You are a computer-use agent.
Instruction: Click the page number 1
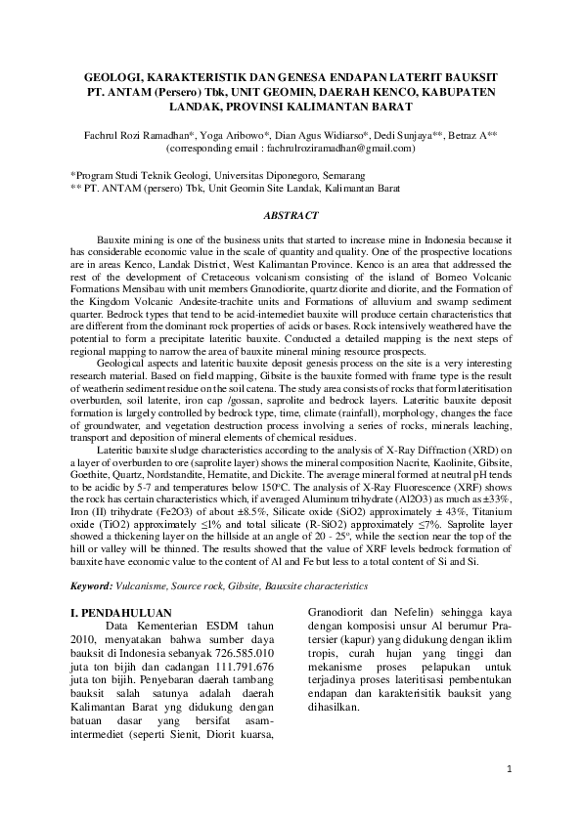tap(510, 769)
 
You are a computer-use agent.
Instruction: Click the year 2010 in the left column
tap(89, 637)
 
